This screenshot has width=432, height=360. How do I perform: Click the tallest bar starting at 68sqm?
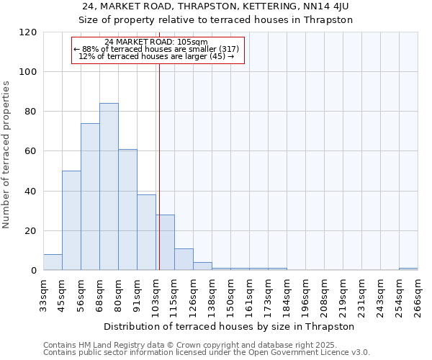click(x=109, y=187)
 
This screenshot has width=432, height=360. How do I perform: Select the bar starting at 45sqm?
click(x=71, y=221)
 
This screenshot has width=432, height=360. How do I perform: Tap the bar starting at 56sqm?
click(x=90, y=197)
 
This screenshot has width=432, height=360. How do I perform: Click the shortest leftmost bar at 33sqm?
click(x=53, y=263)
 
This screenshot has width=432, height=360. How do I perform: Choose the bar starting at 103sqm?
click(x=165, y=243)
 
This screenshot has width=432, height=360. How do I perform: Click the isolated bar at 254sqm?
click(x=408, y=269)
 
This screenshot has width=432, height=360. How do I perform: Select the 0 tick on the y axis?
click(x=33, y=271)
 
